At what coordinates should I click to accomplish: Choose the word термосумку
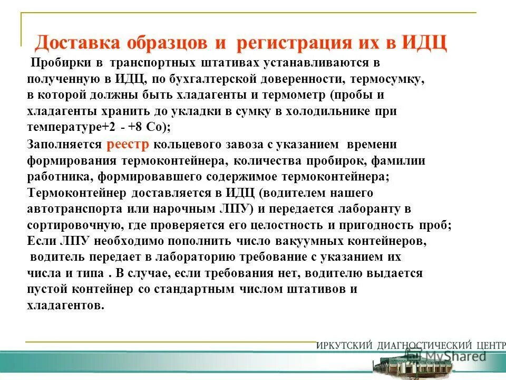click(391, 79)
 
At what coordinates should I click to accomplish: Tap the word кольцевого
click(197, 144)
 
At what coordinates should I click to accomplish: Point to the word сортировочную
click(75, 225)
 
